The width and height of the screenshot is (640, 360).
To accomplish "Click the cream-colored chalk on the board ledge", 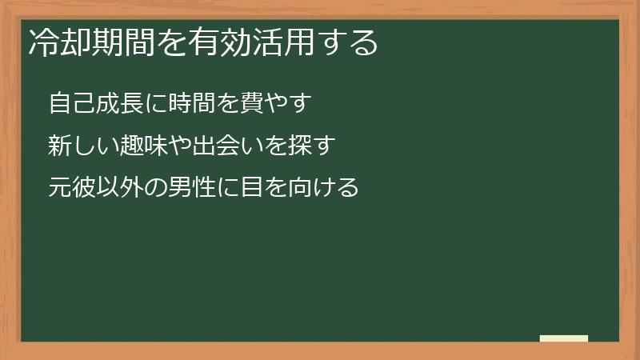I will tap(564, 338).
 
